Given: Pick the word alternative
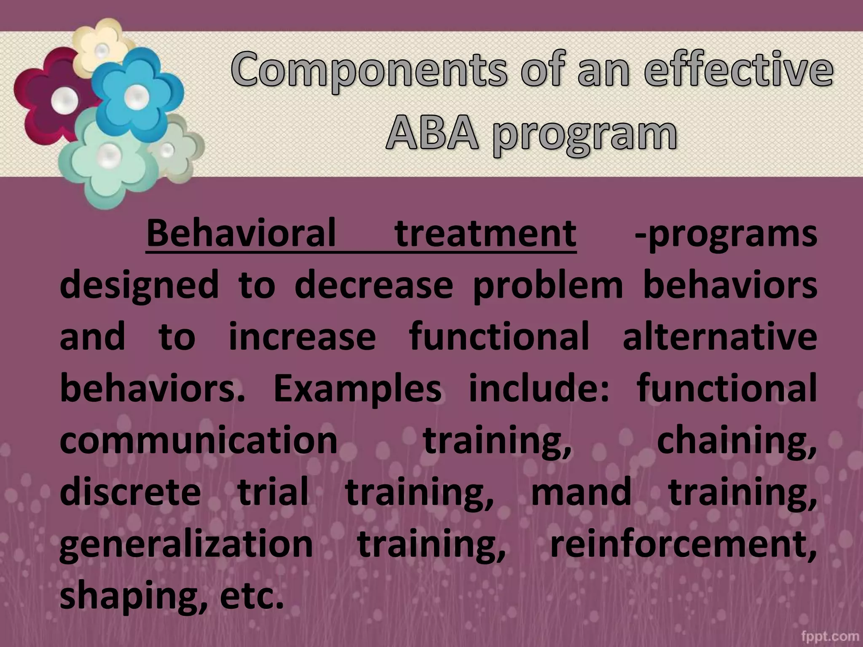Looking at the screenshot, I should pos(720,337).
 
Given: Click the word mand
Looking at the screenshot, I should pos(581,492).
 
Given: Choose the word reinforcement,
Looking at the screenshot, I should pos(683,544).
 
